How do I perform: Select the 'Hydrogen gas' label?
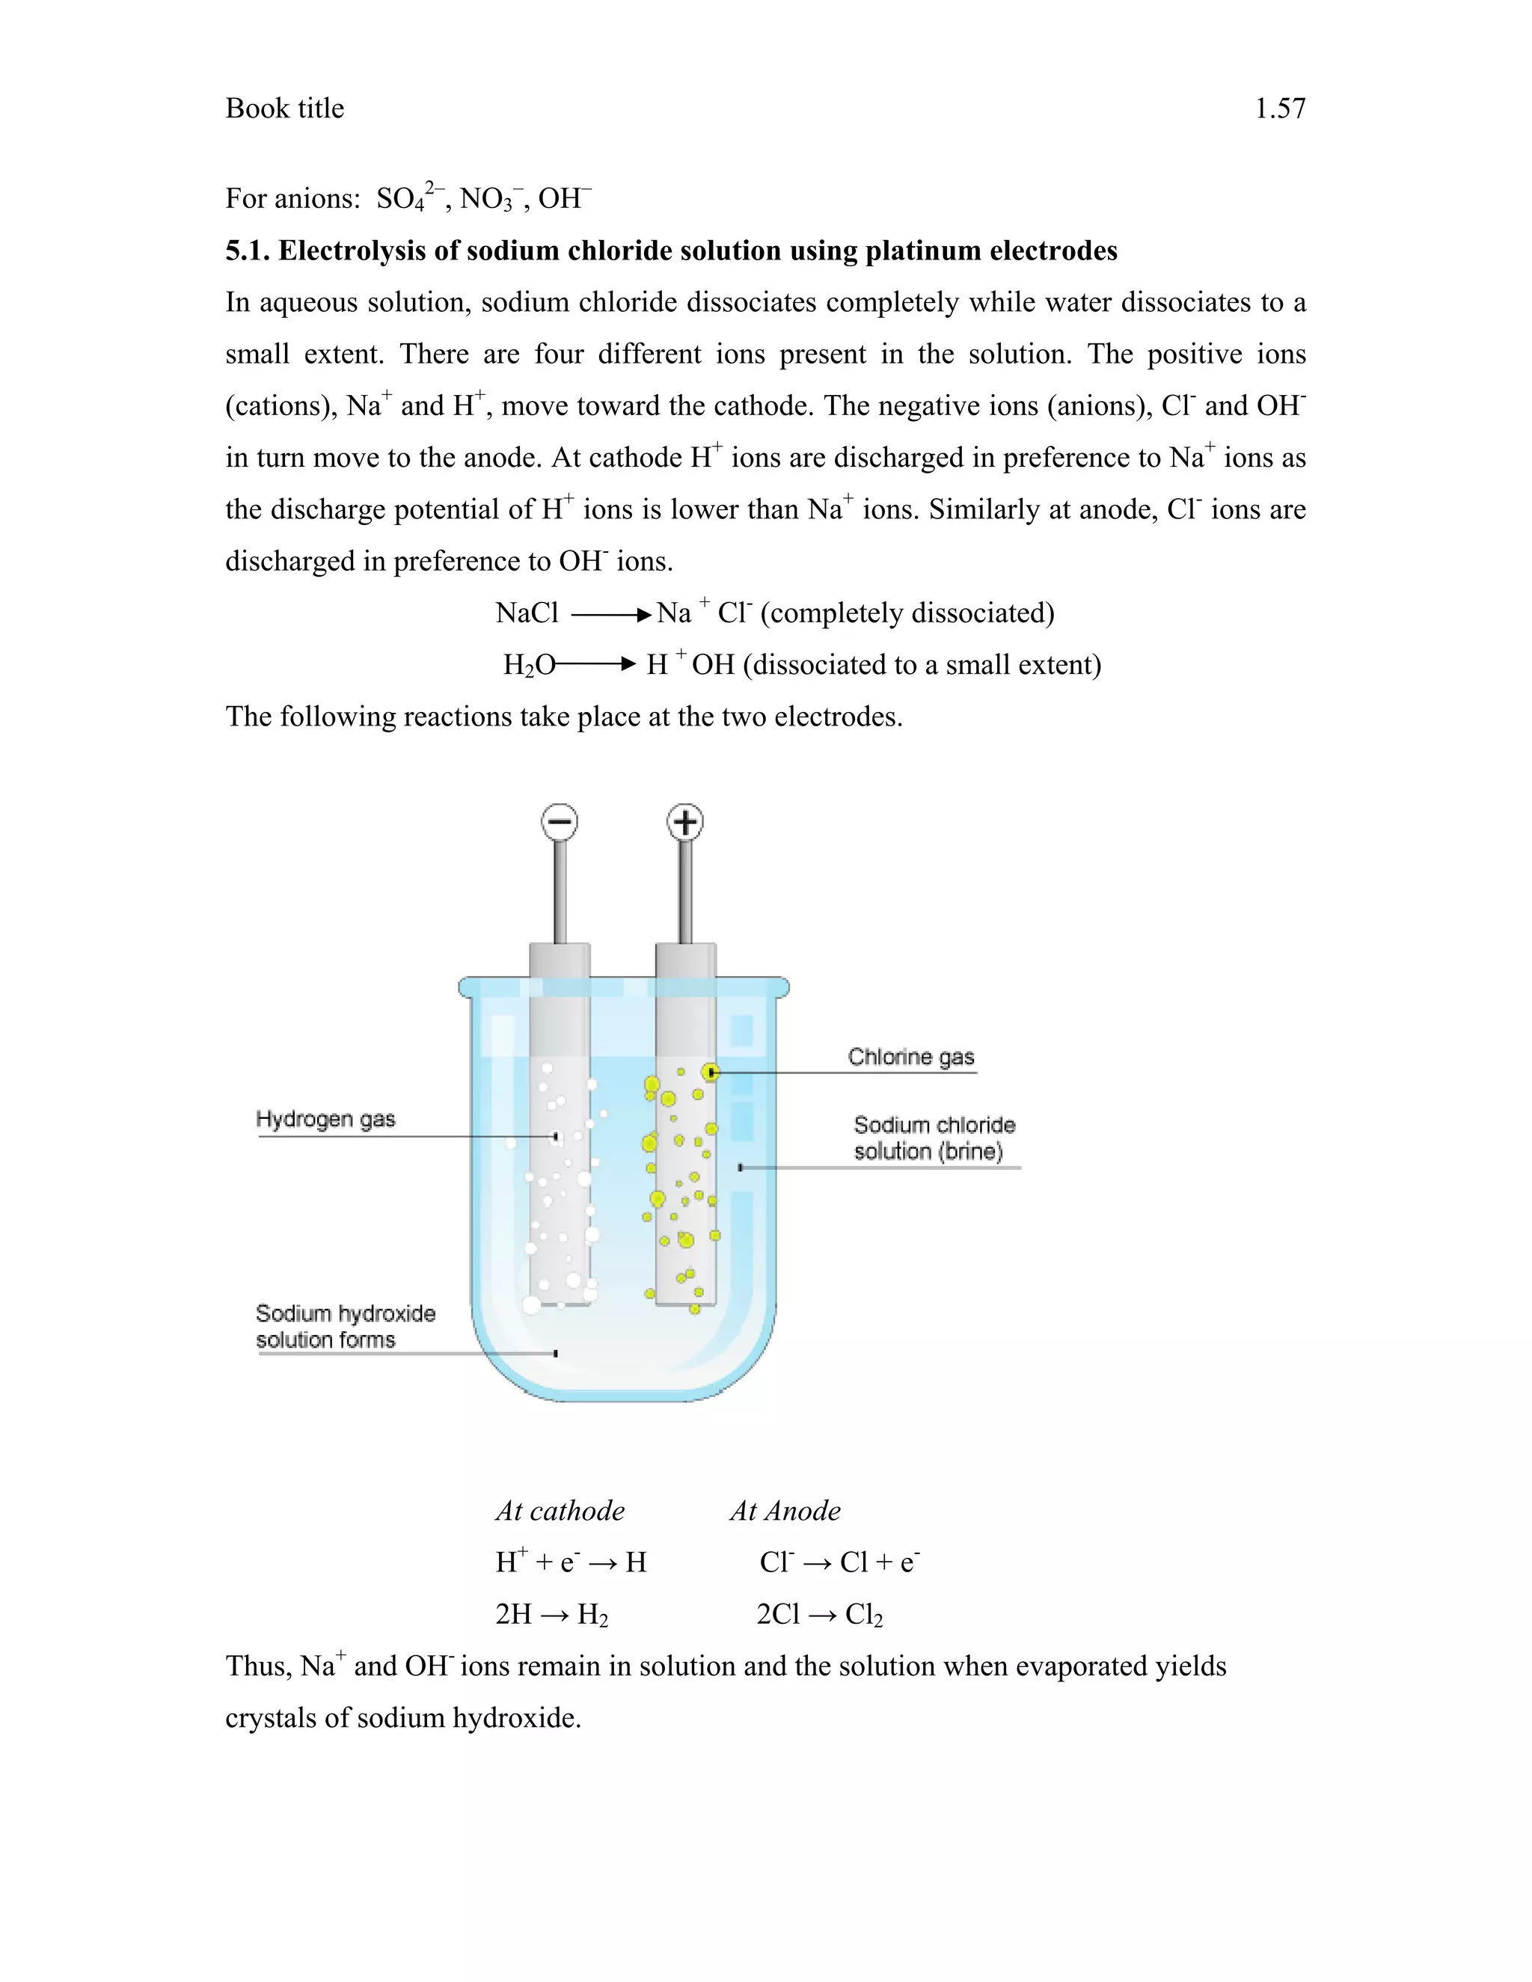click(x=326, y=1119)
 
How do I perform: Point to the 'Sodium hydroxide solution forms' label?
click(x=345, y=1326)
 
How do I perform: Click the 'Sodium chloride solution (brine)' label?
click(x=934, y=1138)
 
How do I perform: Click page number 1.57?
click(x=1280, y=109)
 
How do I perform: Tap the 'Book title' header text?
click(x=285, y=109)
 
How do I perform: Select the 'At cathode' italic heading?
click(x=560, y=1511)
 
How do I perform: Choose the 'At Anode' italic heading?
click(x=785, y=1511)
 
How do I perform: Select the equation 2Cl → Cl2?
click(x=820, y=1615)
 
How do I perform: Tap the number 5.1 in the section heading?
click(x=248, y=251)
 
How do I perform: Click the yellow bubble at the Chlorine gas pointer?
click(x=711, y=1073)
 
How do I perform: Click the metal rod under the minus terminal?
click(x=560, y=894)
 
